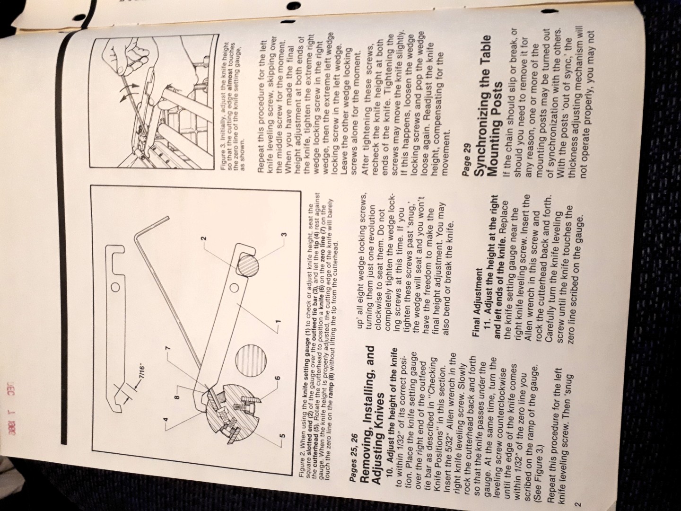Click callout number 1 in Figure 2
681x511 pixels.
tap(279, 320)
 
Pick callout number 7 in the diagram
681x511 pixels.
tap(167, 349)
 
